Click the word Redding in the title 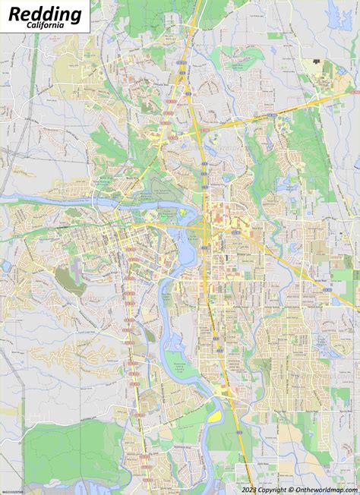(x=45, y=13)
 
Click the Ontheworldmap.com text (x=323, y=490)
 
